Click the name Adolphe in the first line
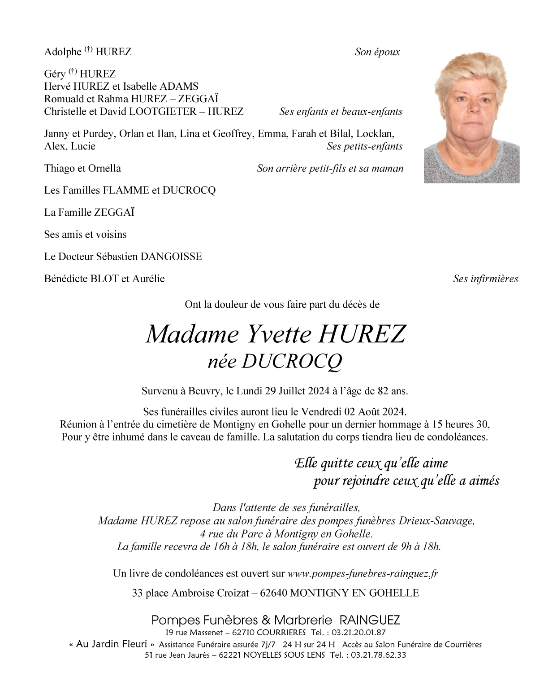point(63,52)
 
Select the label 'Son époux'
point(377,52)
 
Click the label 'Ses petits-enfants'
point(364,146)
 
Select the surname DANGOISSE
point(171,257)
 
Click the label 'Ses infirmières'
point(485,279)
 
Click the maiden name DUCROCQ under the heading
point(292,362)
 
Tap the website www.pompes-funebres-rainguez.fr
point(363,573)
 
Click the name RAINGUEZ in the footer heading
point(370,620)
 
